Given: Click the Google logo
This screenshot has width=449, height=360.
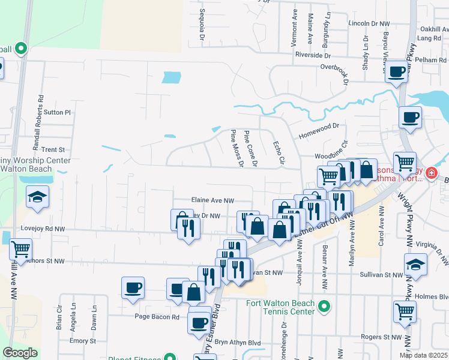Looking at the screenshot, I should (x=20, y=353).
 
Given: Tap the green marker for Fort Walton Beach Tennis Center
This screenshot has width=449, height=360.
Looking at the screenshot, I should (x=324, y=307).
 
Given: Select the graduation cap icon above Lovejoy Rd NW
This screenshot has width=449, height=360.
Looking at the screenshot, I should (x=37, y=197).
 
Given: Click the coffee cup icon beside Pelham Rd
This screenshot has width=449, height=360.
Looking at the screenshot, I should (x=396, y=72).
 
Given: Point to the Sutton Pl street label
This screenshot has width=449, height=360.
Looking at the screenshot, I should (x=58, y=112).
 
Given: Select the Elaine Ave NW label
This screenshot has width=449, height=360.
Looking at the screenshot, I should (x=212, y=201).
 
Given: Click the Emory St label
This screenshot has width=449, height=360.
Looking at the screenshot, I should (x=79, y=341).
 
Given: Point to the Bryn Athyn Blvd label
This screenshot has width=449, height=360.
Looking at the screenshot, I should (x=238, y=343).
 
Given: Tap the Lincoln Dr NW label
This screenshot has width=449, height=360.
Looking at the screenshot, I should (x=369, y=23).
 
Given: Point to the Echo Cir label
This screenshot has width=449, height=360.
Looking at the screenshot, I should (x=277, y=151).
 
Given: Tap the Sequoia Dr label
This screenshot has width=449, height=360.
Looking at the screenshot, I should (x=202, y=28).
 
